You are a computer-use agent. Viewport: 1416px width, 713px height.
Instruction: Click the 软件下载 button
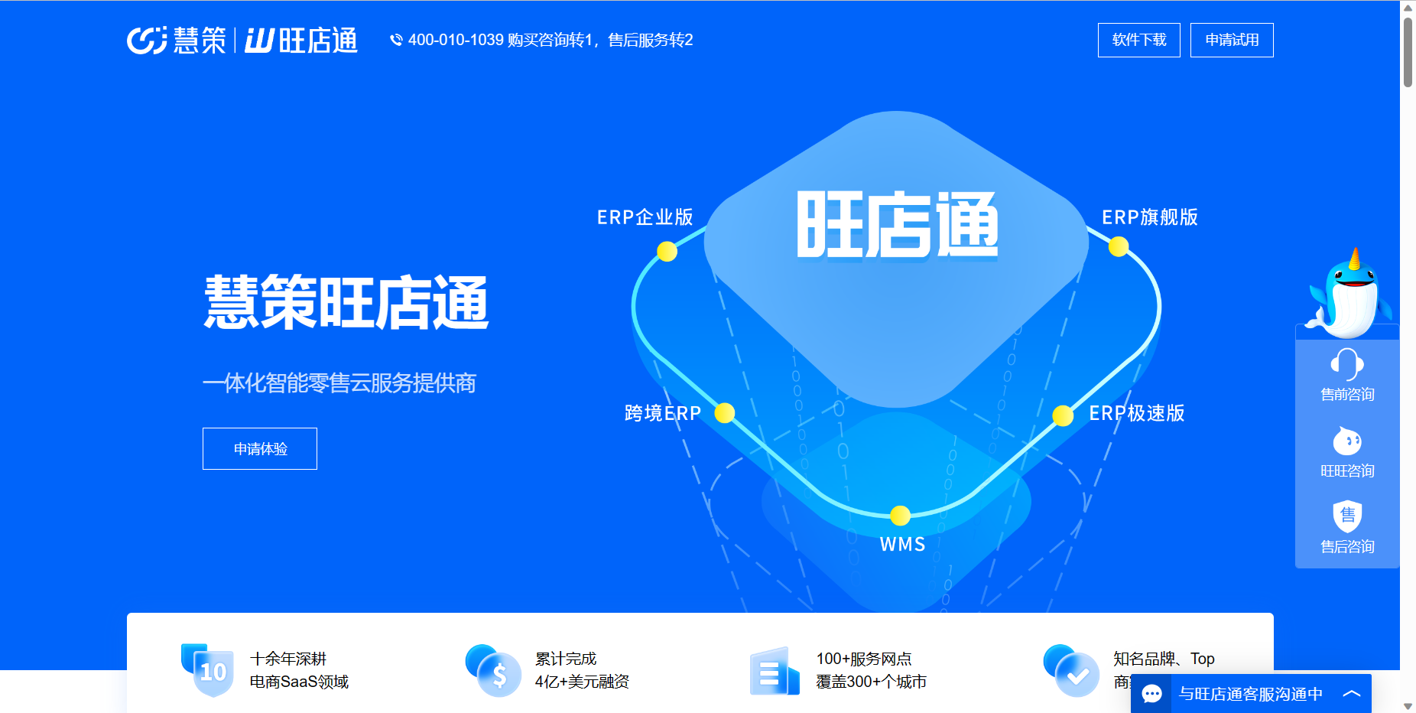click(x=1138, y=40)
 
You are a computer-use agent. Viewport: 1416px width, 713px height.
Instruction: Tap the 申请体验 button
click(x=260, y=448)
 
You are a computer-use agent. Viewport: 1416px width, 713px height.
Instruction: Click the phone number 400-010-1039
click(x=456, y=40)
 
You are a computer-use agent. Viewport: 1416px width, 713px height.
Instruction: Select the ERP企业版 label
click(x=645, y=217)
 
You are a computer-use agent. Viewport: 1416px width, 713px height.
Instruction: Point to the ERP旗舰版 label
click(x=1150, y=217)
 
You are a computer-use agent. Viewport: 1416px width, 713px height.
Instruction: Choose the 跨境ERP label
click(x=663, y=413)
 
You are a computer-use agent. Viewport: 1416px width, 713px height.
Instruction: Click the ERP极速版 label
click(x=1137, y=413)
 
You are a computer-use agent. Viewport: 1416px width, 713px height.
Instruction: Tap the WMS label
click(x=902, y=545)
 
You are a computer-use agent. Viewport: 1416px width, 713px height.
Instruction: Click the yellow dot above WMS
click(x=901, y=516)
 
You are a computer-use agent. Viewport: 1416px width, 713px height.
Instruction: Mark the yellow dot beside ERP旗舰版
click(x=1119, y=246)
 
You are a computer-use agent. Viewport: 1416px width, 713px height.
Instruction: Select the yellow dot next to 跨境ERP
click(x=725, y=413)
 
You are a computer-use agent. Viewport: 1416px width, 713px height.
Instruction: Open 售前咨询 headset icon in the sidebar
click(x=1347, y=363)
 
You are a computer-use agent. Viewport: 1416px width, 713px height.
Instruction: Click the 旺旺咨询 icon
click(x=1347, y=441)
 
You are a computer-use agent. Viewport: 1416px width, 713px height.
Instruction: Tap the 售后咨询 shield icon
click(x=1347, y=516)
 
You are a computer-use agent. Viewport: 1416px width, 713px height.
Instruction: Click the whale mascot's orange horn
click(x=1355, y=259)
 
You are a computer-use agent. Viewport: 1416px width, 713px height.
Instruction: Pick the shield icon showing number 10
click(x=208, y=669)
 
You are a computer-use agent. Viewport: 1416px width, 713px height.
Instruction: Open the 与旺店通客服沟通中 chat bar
click(x=1251, y=693)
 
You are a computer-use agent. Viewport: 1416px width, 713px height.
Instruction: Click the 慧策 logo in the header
click(x=177, y=40)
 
